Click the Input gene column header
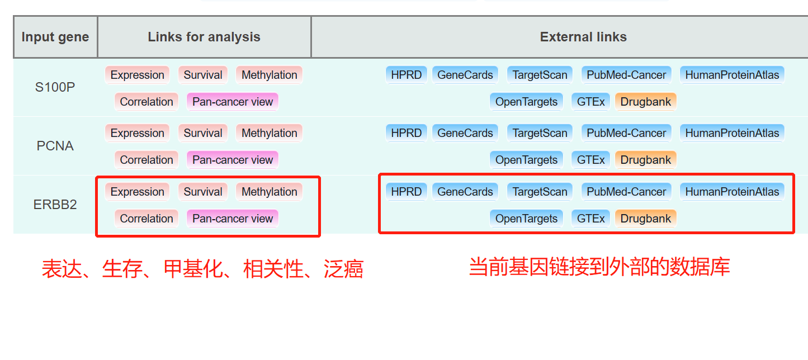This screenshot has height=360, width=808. point(55,37)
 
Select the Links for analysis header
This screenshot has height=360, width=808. point(204,37)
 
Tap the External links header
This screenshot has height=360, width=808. point(583,37)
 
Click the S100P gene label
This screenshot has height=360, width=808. point(55,87)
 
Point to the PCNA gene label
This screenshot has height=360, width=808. point(55,146)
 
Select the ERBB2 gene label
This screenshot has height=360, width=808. point(55,205)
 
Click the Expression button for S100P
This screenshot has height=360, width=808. point(137,75)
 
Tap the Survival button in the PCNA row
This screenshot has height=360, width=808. point(203,132)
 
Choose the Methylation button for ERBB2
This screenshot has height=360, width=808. point(269,192)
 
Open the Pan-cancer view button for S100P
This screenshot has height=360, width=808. point(232,102)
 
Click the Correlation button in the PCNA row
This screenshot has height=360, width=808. point(147,160)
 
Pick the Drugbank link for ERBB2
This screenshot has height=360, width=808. point(646,218)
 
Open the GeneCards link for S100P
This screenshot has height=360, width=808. point(465,75)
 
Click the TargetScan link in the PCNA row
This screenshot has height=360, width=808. point(540,132)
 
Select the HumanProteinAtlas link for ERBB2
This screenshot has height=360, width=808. point(732,192)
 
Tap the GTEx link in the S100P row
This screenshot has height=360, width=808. point(590,102)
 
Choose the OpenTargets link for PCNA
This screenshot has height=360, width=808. point(526,160)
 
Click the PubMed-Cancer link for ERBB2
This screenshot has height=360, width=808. point(626,192)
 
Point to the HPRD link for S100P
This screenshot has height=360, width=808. point(406,75)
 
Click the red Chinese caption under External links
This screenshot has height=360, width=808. point(599,267)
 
